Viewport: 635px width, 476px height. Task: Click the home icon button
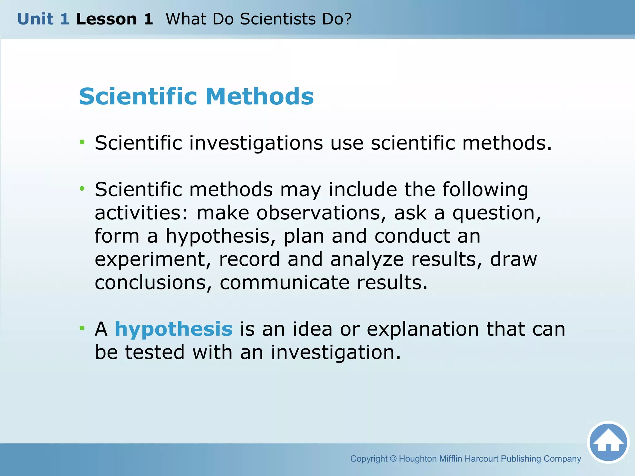pyautogui.click(x=608, y=442)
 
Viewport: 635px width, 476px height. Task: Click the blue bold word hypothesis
pyautogui.click(x=174, y=329)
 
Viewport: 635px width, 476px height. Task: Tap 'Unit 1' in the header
pyautogui.click(x=43, y=19)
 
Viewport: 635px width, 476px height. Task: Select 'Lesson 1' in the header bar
pyautogui.click(x=114, y=19)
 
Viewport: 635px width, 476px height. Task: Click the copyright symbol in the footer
pyautogui.click(x=393, y=459)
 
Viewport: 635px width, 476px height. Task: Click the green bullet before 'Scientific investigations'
pyautogui.click(x=82, y=142)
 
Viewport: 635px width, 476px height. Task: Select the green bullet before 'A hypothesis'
pyautogui.click(x=82, y=328)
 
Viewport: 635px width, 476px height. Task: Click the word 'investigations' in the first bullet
pyautogui.click(x=256, y=143)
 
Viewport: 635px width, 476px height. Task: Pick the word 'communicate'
pyautogui.click(x=285, y=283)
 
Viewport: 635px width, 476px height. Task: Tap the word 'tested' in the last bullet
pyautogui.click(x=155, y=352)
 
